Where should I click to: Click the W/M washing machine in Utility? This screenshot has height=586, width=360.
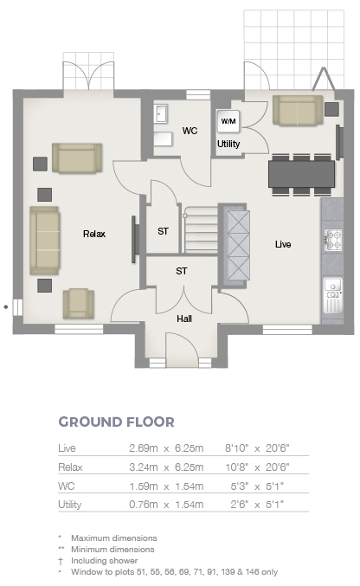click(x=228, y=121)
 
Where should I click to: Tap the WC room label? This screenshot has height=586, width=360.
click(x=190, y=131)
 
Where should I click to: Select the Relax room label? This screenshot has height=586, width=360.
click(x=94, y=234)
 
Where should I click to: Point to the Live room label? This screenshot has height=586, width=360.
click(x=283, y=244)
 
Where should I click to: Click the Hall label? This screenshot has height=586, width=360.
click(x=184, y=319)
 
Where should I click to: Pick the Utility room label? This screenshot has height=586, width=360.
click(x=228, y=144)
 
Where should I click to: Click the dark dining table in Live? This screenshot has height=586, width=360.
click(x=301, y=174)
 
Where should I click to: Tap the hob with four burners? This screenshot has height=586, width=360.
click(x=332, y=240)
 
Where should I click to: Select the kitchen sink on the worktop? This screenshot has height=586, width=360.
click(x=332, y=295)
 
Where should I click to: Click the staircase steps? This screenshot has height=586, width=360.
click(x=201, y=229)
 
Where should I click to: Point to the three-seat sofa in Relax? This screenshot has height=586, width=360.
click(x=44, y=241)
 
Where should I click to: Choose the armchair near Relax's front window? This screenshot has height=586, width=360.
click(x=78, y=304)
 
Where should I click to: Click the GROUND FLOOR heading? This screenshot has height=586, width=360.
click(x=116, y=422)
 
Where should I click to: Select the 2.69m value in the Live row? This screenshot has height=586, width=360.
click(x=143, y=448)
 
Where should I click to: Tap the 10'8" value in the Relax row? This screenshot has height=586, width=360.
click(x=237, y=467)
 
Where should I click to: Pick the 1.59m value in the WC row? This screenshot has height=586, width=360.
click(x=143, y=486)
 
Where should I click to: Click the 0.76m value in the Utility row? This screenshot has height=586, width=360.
click(x=143, y=505)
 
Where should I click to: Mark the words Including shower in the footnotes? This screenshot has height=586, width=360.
click(x=105, y=561)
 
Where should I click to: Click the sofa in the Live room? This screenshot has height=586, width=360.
click(x=298, y=110)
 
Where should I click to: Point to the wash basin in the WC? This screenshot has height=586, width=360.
click(x=160, y=113)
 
